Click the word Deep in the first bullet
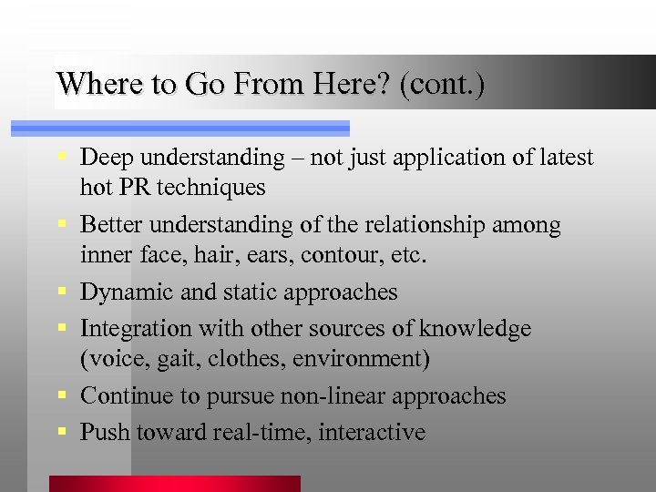pyautogui.click(x=107, y=158)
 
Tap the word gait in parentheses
pyautogui.click(x=171, y=359)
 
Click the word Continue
pyautogui.click(x=124, y=395)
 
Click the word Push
pyautogui.click(x=105, y=432)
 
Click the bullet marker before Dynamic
pyautogui.click(x=60, y=292)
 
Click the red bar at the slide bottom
pyautogui.click(x=174, y=484)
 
